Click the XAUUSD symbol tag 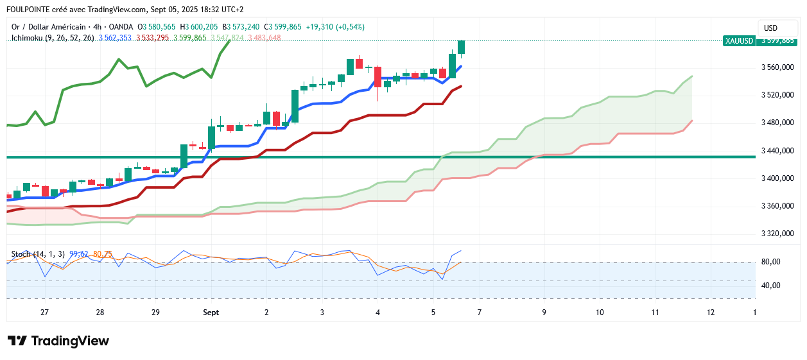(738, 40)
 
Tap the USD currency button (770, 28)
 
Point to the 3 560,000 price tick (777, 67)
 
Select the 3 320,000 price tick (777, 234)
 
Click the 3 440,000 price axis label (777, 151)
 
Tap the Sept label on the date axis (211, 313)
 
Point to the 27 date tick (44, 313)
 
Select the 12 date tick (711, 313)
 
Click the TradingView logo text (69, 341)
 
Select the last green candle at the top (461, 47)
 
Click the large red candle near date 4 (378, 78)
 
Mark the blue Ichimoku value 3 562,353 (115, 38)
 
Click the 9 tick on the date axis (544, 313)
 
